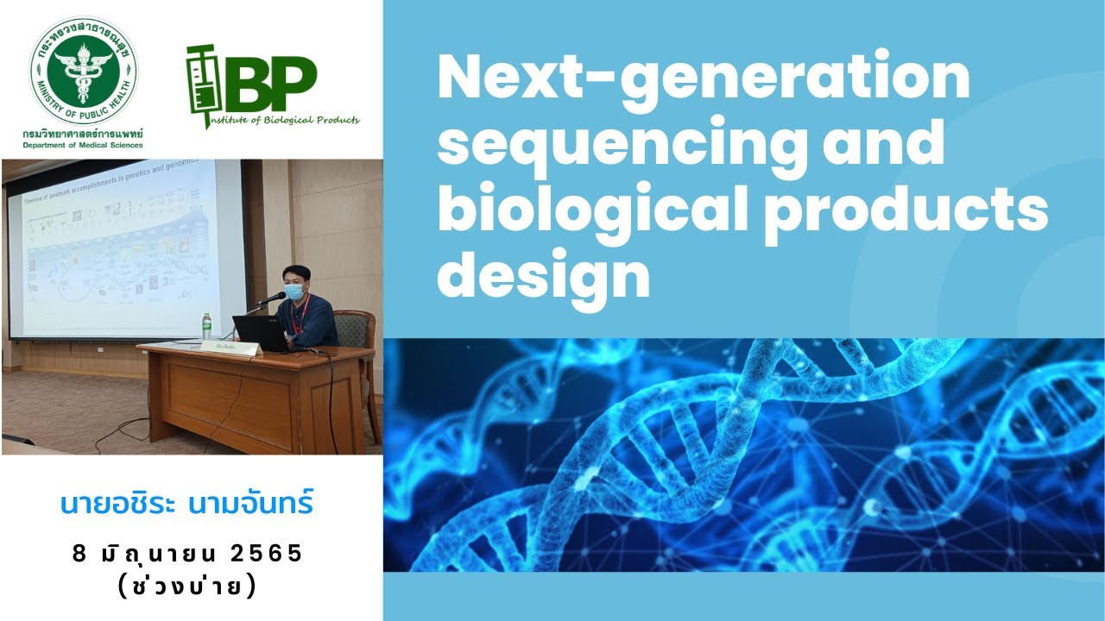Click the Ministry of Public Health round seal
(84, 71)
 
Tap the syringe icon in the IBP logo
(200, 86)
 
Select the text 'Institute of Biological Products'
(282, 121)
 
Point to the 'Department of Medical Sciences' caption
(84, 145)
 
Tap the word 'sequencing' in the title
(622, 144)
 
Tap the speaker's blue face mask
(295, 293)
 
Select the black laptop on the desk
(258, 333)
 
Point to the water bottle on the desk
(206, 325)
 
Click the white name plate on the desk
(230, 348)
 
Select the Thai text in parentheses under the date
(187, 586)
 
